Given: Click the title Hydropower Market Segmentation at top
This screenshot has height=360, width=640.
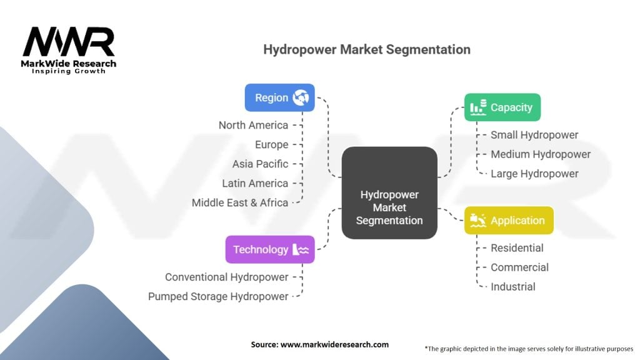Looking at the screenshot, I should (x=366, y=49).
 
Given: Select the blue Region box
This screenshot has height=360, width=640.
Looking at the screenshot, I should (x=279, y=97).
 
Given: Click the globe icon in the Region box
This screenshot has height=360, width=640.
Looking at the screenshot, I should (x=301, y=97).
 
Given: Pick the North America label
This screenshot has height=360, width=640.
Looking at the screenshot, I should (x=253, y=125).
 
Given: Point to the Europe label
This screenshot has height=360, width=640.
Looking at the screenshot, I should (x=271, y=144).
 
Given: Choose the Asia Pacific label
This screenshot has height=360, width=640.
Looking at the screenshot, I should (x=260, y=164).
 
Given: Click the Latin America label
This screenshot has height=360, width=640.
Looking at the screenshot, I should (x=255, y=183).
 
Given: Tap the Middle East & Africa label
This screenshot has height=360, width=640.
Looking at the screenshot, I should (x=240, y=202).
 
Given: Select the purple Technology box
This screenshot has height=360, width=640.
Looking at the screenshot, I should (x=270, y=249).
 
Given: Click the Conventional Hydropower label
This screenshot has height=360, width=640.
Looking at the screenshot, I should (x=227, y=277).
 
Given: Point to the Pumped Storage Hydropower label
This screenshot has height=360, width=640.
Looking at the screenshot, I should (x=218, y=296).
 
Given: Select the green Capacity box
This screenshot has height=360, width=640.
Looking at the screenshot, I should (x=502, y=107).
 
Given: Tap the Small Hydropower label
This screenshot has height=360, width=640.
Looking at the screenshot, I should (x=534, y=135).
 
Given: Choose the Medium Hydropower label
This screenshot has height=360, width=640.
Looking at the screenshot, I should (x=541, y=154).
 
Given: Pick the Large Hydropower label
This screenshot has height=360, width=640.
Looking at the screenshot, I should (x=534, y=174).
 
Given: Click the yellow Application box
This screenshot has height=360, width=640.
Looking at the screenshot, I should (x=509, y=220).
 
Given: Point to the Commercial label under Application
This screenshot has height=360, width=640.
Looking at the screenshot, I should (x=519, y=267).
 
